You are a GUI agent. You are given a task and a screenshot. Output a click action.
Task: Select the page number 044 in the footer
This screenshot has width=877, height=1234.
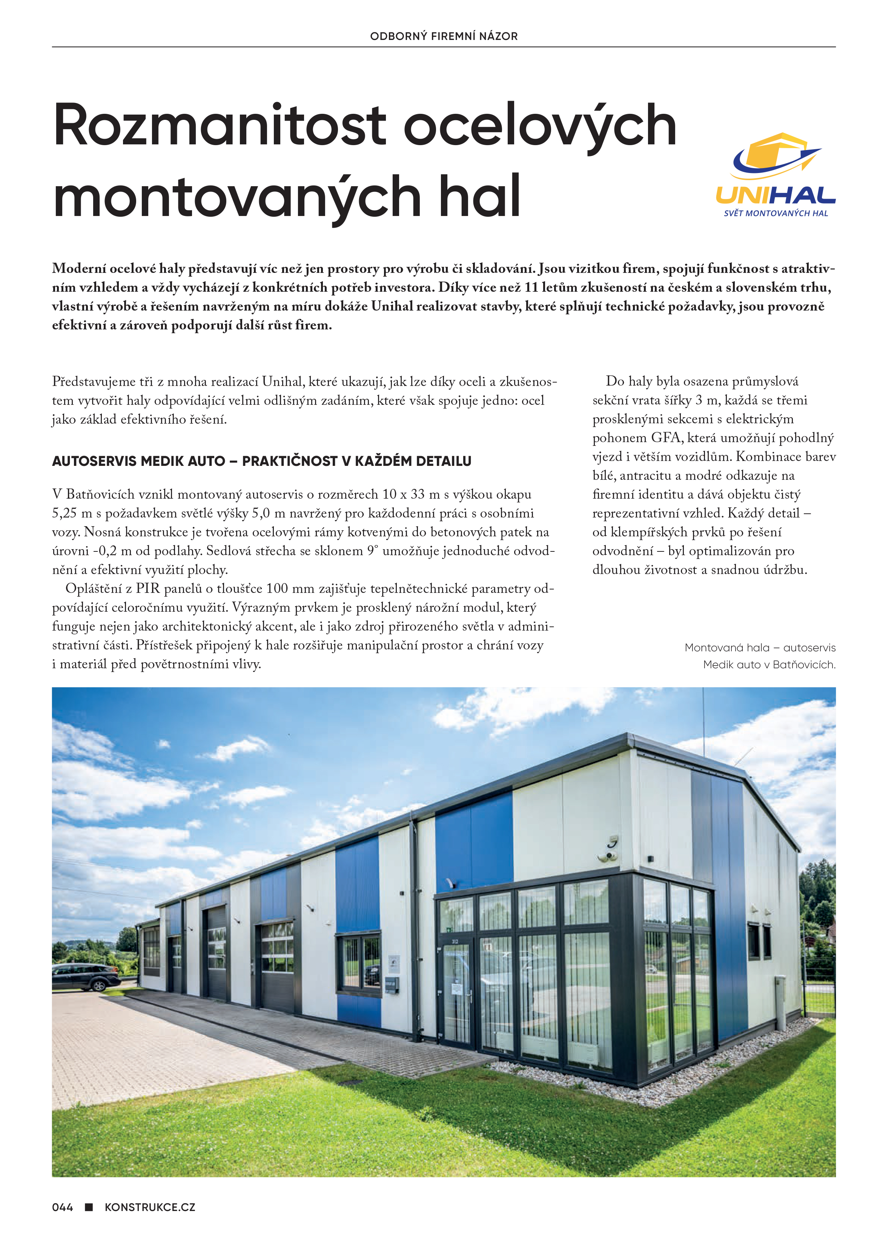tap(62, 1207)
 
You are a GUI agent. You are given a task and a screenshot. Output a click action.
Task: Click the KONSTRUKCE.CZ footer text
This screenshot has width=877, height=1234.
tap(150, 1207)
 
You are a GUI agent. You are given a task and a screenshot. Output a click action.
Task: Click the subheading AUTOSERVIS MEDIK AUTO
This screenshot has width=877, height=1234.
tap(138, 461)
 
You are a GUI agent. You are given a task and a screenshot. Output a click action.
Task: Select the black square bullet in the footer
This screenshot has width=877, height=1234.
tap(89, 1206)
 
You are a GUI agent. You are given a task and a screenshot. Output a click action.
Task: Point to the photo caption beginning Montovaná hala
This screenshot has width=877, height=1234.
tap(760, 648)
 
